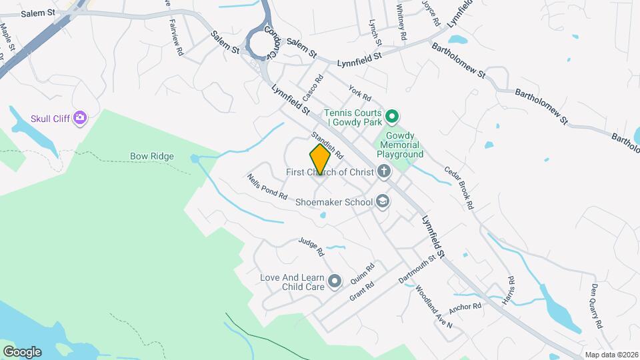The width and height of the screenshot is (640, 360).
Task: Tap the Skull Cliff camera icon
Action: click(x=81, y=118)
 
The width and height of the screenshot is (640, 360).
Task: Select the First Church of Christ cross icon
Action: click(x=383, y=172)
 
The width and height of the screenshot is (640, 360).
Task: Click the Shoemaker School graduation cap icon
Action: click(x=383, y=201)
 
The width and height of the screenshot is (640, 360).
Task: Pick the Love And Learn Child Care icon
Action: click(x=335, y=282)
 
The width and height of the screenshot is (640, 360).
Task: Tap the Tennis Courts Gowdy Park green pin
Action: click(x=393, y=117)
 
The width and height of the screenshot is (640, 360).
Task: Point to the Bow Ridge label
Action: click(x=152, y=157)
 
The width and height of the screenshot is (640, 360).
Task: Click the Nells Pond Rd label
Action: click(x=267, y=187)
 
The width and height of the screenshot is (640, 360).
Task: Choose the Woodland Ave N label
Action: click(x=433, y=307)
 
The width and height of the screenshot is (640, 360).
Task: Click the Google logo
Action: click(x=22, y=351)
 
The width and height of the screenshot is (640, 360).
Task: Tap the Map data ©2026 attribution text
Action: click(x=611, y=355)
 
